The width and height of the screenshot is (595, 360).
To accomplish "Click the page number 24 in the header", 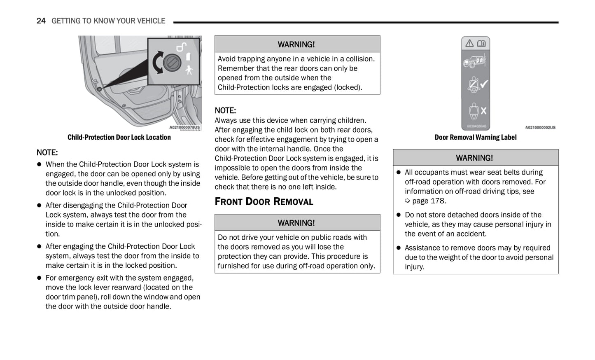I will (41, 21).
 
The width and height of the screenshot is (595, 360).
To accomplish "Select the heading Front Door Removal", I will (264, 201).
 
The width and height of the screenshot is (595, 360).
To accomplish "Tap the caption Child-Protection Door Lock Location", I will (119, 137).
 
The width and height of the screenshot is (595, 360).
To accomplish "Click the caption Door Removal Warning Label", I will (475, 137).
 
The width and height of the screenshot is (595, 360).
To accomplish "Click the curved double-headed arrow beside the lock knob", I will (157, 63).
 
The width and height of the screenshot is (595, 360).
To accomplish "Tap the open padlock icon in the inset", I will (181, 47).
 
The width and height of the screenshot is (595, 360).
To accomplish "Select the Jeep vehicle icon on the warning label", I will (475, 61).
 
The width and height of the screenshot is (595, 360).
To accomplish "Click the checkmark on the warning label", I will (484, 84).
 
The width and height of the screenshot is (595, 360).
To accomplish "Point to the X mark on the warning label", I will (483, 110).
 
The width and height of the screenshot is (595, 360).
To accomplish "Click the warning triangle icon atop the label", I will (469, 43).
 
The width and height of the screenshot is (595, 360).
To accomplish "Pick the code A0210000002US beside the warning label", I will (540, 128).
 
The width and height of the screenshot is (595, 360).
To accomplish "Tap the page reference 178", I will (437, 201).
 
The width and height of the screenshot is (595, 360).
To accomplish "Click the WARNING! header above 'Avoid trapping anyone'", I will (296, 44).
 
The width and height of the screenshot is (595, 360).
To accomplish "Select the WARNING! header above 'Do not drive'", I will (296, 223).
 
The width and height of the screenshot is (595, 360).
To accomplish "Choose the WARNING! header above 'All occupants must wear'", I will (474, 158).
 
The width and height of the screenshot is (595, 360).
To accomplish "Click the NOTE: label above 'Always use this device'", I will (225, 110).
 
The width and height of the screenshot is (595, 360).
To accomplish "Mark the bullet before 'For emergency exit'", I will (40, 278).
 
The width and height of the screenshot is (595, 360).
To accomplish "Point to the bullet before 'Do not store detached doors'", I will (399, 215).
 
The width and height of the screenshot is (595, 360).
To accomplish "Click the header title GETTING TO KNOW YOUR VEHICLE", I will (108, 21).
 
